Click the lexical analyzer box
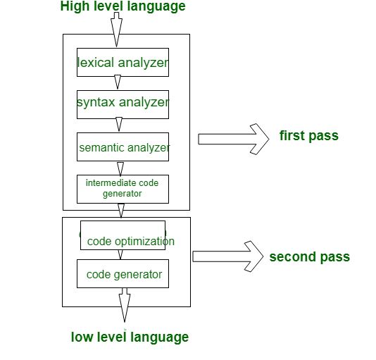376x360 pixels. pyautogui.click(x=123, y=63)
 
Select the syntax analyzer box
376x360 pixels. pyautogui.click(x=123, y=103)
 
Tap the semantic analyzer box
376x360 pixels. pyautogui.click(x=123, y=147)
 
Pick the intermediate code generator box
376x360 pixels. pyautogui.click(x=123, y=188)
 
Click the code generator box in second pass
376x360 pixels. pyautogui.click(x=123, y=273)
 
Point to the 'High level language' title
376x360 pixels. pyautogui.click(x=123, y=7)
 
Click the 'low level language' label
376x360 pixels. pyautogui.click(x=130, y=337)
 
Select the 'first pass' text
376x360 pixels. pyautogui.click(x=309, y=135)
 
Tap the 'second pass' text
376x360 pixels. pyautogui.click(x=309, y=256)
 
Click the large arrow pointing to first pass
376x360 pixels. pyautogui.click(x=234, y=138)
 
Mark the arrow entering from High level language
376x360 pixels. pyautogui.click(x=117, y=30)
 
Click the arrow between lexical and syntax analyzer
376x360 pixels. pyautogui.click(x=118, y=82)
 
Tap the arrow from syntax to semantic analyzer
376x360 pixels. pyautogui.click(x=119, y=124)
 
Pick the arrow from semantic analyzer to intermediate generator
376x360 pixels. pyautogui.click(x=120, y=168)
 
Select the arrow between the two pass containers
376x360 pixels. pyautogui.click(x=122, y=211)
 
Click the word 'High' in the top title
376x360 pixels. pyautogui.click(x=75, y=7)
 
